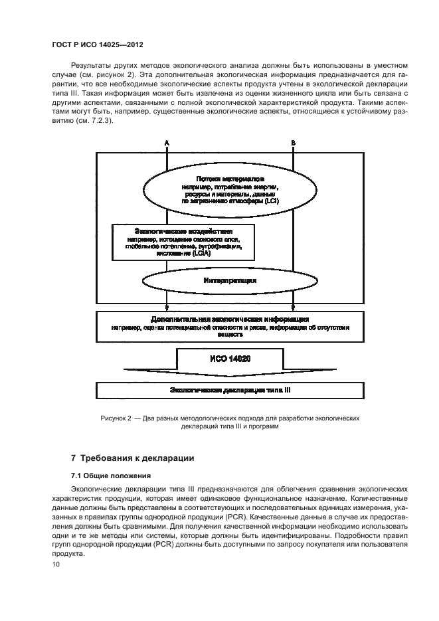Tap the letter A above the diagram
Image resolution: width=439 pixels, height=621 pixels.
tap(167, 143)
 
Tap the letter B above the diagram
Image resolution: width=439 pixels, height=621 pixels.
tap(293, 143)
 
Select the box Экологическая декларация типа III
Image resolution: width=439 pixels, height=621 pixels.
tap(230, 391)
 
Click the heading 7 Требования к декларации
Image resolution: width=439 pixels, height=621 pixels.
tap(132, 458)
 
